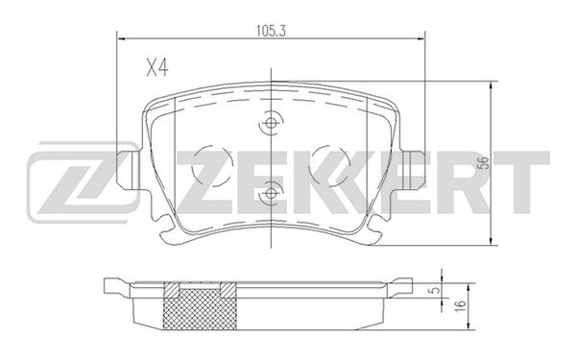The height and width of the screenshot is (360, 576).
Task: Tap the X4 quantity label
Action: [157, 68]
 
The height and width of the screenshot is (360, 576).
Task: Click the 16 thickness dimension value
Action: [461, 304]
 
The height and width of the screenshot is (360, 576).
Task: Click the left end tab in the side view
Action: [112, 285]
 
